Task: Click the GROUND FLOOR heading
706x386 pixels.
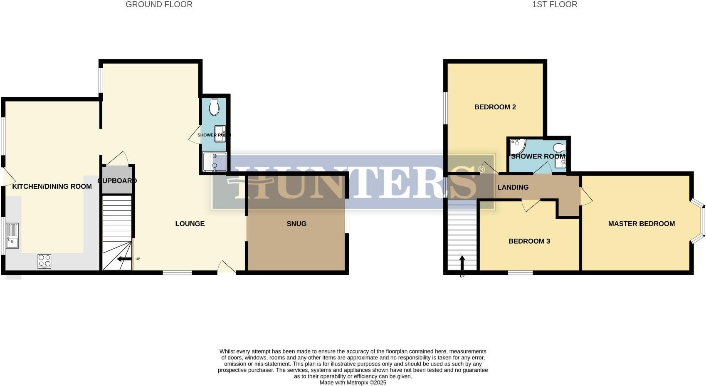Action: tap(159, 5)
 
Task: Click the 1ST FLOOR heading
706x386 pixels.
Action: tap(555, 5)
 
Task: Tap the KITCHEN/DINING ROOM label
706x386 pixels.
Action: tap(52, 186)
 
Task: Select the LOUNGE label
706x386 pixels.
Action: tap(190, 224)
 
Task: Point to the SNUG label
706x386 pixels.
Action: tap(296, 224)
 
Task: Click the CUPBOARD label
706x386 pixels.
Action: tap(117, 181)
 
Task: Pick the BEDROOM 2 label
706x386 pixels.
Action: tap(495, 107)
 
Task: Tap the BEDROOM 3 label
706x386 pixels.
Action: tap(529, 241)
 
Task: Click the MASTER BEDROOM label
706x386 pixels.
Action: tap(641, 224)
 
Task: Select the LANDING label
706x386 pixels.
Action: tap(513, 187)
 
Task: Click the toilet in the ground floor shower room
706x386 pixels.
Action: tap(214, 107)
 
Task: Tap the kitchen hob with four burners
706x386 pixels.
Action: tap(44, 261)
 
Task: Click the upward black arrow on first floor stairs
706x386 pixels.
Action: tap(462, 263)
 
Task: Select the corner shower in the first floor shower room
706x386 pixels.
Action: tap(517, 146)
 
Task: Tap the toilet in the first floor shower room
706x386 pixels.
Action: tap(559, 148)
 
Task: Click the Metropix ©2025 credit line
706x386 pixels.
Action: tap(353, 383)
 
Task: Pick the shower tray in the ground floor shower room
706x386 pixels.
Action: tap(215, 162)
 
